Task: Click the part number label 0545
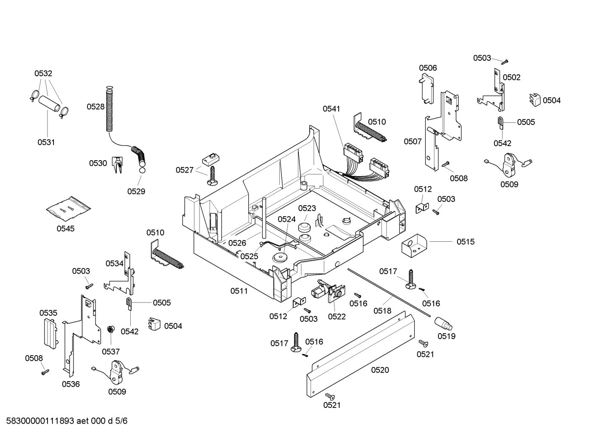click(65, 229)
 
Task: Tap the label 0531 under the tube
click(46, 142)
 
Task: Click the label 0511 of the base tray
click(239, 291)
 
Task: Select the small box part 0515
click(414, 246)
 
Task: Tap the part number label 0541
click(331, 109)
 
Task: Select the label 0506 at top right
click(428, 68)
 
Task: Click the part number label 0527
click(185, 170)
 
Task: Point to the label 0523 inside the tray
click(307, 208)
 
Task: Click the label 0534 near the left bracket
click(115, 263)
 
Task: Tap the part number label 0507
click(413, 142)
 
